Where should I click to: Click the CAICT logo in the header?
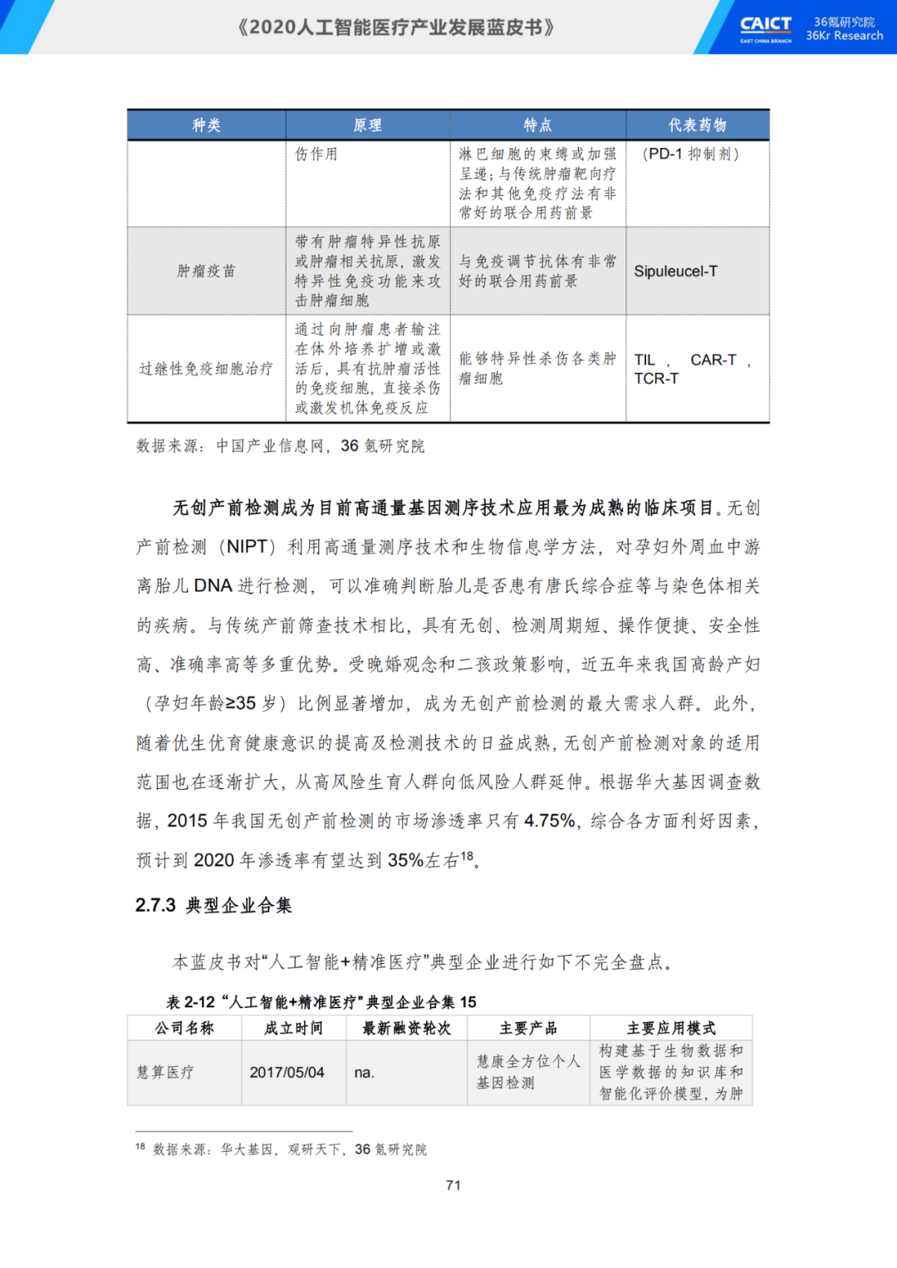point(765,28)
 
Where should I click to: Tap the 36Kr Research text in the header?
point(844,36)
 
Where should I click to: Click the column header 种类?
point(207,125)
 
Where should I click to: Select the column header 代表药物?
point(698,125)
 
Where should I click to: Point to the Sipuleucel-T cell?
point(675,272)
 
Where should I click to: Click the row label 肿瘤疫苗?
point(206,272)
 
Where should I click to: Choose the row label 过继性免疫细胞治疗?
point(206,369)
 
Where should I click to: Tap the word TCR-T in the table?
point(656,379)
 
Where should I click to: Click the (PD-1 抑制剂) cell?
point(690,154)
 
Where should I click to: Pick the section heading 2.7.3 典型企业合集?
point(213,905)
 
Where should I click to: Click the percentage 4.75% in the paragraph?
point(550,821)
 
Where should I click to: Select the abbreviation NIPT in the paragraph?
point(247,547)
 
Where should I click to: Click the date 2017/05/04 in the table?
point(287,1073)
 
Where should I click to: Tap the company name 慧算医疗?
point(165,1073)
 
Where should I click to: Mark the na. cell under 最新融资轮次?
point(364,1073)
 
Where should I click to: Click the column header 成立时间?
point(293,1028)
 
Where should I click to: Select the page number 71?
point(453,1185)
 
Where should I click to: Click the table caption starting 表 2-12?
point(321,1002)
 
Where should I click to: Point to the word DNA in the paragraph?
point(213,586)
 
